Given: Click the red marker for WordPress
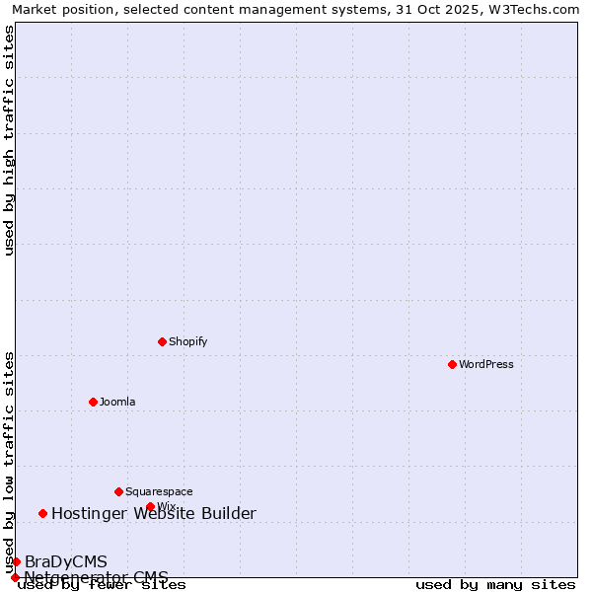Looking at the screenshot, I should click(x=452, y=364).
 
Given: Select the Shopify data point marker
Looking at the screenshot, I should click(x=162, y=341).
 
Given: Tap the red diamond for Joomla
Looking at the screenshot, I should click(x=93, y=402).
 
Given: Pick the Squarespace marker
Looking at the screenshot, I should click(x=118, y=491).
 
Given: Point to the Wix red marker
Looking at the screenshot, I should click(x=150, y=506).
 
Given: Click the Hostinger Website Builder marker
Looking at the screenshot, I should click(x=42, y=513).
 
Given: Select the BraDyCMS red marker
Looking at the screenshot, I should click(x=16, y=561).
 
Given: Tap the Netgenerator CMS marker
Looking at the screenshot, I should click(x=15, y=577).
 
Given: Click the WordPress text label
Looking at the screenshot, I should click(x=486, y=364).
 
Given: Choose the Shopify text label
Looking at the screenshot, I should click(x=187, y=341).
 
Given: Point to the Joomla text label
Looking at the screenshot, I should click(x=117, y=402).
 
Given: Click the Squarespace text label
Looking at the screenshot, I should click(x=159, y=491).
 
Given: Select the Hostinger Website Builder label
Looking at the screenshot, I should click(x=154, y=513).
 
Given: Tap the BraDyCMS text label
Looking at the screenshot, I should click(x=66, y=561).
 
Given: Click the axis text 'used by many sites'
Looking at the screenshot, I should click(x=495, y=585).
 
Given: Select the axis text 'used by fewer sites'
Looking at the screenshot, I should click(x=102, y=585).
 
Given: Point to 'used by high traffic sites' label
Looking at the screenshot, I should click(x=9, y=140).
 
